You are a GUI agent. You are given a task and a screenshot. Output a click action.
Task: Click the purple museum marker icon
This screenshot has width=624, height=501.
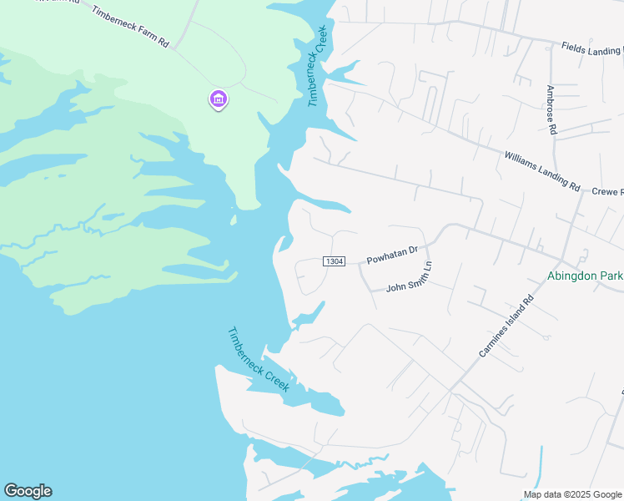pos(219,100)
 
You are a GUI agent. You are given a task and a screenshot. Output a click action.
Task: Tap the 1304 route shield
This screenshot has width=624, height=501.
pos(334,261)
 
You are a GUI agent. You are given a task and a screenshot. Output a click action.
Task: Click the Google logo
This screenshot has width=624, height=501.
pos(28,491)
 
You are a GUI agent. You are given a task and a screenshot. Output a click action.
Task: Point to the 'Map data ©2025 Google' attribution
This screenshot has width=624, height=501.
pos(572,494)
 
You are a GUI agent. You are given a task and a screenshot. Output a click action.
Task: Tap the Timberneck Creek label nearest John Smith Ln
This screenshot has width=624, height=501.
pos(259,359)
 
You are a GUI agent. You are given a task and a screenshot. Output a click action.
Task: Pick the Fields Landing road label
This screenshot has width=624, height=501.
pos(591,49)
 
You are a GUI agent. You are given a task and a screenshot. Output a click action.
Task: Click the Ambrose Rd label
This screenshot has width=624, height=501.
pos(551,109)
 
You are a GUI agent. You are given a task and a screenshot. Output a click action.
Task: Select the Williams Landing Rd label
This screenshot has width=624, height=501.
pos(542,170)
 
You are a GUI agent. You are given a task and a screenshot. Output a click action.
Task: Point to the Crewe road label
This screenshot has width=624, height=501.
pos(607,192)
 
